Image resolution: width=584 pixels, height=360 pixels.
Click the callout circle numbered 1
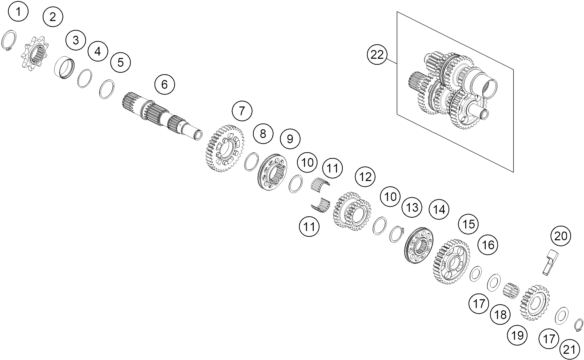coord(18,12)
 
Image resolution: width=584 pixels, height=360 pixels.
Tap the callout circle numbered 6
coord(164,85)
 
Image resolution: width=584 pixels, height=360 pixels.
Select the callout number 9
coord(290,138)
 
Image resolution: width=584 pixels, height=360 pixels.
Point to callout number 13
coord(412,207)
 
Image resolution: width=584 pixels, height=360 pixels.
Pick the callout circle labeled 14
coord(439,210)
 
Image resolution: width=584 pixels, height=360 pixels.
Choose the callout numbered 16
coord(488,245)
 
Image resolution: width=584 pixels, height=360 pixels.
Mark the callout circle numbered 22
coord(377,55)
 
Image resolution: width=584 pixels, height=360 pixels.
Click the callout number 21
coord(570,350)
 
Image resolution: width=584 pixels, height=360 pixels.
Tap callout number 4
coord(98,51)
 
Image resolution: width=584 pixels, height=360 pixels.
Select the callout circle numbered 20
coord(561,236)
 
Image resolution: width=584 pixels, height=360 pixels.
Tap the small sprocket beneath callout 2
coord(34,52)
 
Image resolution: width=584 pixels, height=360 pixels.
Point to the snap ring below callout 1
coord(9,40)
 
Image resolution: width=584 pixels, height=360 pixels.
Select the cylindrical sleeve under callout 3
coord(64,68)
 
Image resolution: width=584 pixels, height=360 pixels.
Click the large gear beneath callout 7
coord(224,148)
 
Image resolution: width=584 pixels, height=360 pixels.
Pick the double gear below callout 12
coord(352,211)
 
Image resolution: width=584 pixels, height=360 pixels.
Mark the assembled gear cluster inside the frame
coord(454,90)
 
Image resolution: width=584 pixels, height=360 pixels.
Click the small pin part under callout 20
coord(550,262)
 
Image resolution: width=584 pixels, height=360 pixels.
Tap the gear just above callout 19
coord(535,303)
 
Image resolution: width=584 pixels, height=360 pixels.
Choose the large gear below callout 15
coord(451,262)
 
